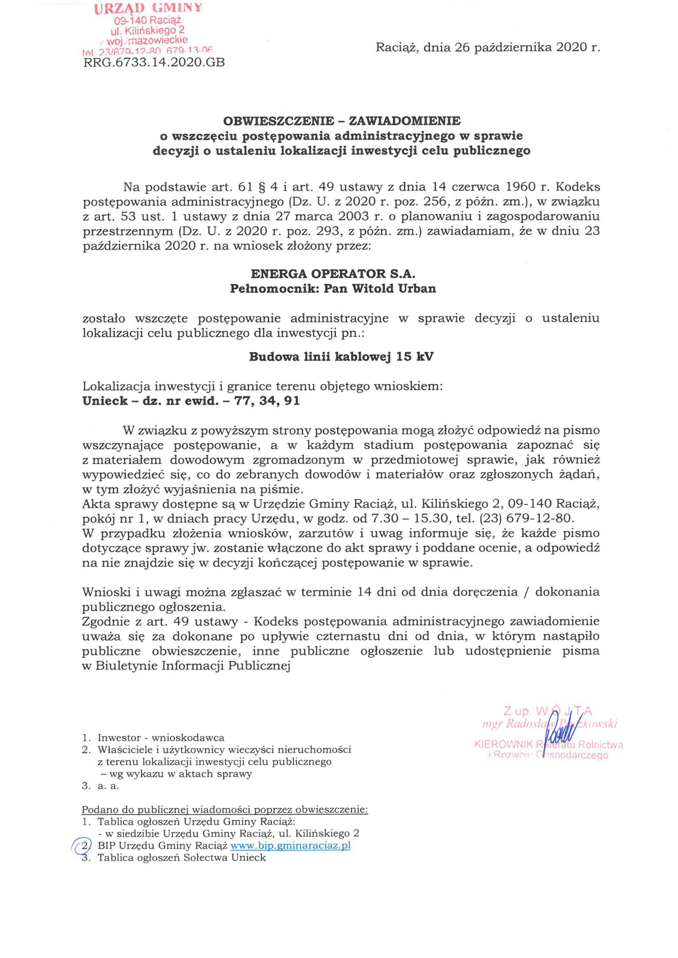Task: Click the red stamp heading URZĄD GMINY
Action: tap(148, 8)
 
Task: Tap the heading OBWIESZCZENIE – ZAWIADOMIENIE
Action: tap(342, 121)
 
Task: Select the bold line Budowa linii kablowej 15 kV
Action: tap(341, 357)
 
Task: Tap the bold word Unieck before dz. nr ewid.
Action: tap(105, 401)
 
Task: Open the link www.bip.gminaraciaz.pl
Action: tap(290, 846)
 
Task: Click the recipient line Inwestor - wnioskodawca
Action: tap(161, 738)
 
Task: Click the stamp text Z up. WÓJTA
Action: tap(548, 711)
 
